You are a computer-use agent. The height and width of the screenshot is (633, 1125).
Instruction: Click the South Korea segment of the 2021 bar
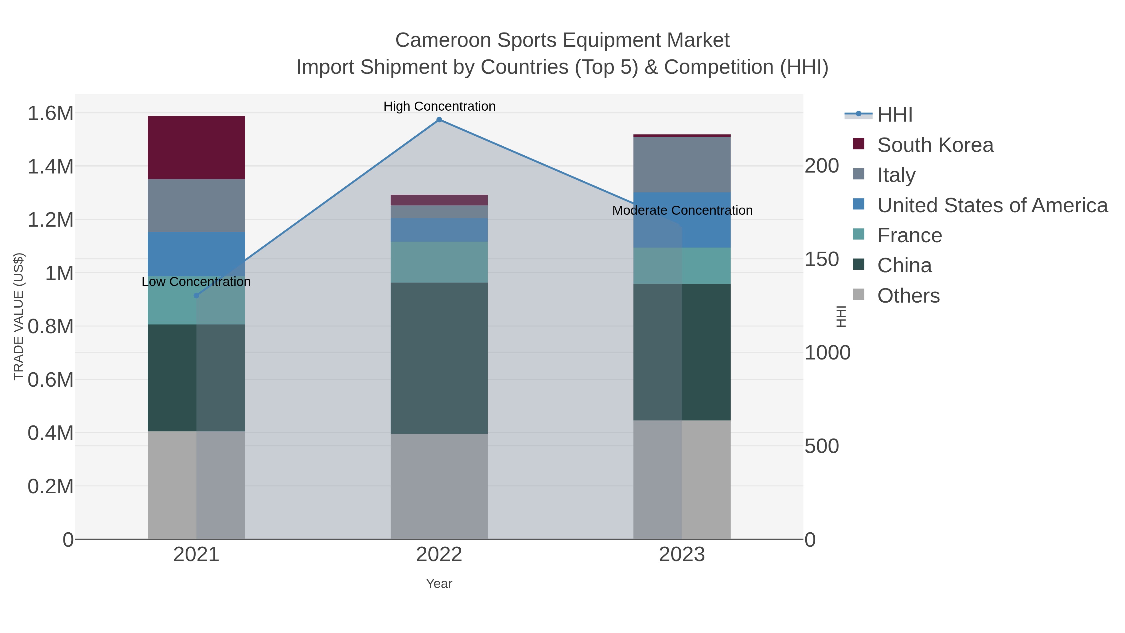point(196,147)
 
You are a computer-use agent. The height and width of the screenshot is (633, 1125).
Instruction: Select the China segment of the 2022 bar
point(439,358)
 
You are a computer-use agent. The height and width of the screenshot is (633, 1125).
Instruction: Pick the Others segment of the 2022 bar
point(439,486)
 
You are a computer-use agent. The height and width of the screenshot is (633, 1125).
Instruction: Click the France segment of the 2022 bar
point(439,262)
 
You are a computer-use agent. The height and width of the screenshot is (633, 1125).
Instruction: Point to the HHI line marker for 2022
point(439,120)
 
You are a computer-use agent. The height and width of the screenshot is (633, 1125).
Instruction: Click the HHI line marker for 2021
point(196,296)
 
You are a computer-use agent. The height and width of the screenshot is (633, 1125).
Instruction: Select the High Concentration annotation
point(439,106)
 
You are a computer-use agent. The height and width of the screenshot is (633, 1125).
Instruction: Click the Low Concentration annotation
point(196,282)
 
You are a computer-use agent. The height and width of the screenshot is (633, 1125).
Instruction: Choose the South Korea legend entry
point(935,145)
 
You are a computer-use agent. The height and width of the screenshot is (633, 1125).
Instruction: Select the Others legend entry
point(908,296)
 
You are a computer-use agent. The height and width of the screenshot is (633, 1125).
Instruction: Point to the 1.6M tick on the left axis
point(51,113)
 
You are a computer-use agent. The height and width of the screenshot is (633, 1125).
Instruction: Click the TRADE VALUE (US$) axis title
point(19,316)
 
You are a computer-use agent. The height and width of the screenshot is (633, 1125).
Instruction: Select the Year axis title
point(439,584)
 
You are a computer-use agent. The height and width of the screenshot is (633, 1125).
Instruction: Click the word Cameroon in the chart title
point(443,40)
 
